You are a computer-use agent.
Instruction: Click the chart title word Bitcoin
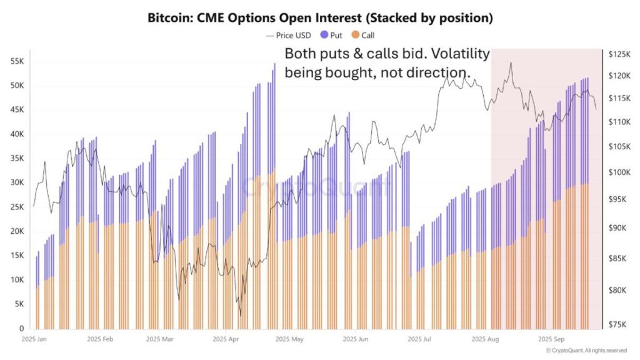[x=169, y=18]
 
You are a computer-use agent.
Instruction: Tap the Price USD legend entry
[x=291, y=36]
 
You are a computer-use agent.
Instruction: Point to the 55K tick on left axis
[x=17, y=61]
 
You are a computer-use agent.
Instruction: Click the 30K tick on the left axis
[x=17, y=182]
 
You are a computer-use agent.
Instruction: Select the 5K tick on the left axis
[x=19, y=304]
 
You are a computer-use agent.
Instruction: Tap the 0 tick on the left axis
[x=22, y=328]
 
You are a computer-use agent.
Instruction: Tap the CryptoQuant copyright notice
[x=586, y=351]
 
